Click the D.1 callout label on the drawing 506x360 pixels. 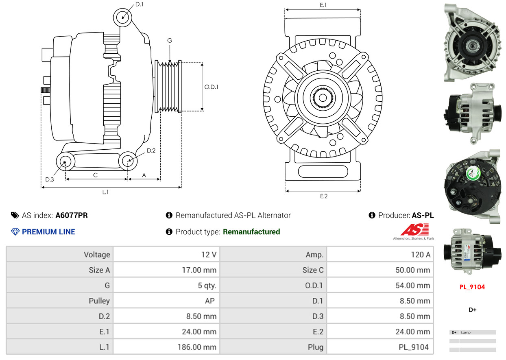click(x=139, y=4)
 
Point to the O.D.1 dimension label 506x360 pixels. click(x=211, y=87)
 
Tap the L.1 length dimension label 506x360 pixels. click(x=105, y=192)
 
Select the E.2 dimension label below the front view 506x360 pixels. click(x=323, y=196)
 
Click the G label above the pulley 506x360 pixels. click(x=170, y=40)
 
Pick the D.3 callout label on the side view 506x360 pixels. click(x=50, y=179)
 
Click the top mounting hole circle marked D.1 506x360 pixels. click(x=122, y=17)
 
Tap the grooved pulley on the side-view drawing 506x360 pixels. click(x=168, y=87)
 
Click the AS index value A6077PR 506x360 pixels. click(x=72, y=215)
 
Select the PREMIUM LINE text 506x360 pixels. click(x=48, y=232)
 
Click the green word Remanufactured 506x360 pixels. click(x=251, y=232)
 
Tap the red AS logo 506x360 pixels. click(x=414, y=230)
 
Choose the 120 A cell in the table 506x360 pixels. click(x=420, y=255)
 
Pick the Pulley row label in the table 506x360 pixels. click(x=99, y=301)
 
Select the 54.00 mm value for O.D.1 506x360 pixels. click(x=412, y=286)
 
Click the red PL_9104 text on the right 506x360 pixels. click(x=472, y=287)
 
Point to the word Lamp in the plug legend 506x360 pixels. click(x=466, y=332)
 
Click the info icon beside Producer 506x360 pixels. click(x=372, y=215)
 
